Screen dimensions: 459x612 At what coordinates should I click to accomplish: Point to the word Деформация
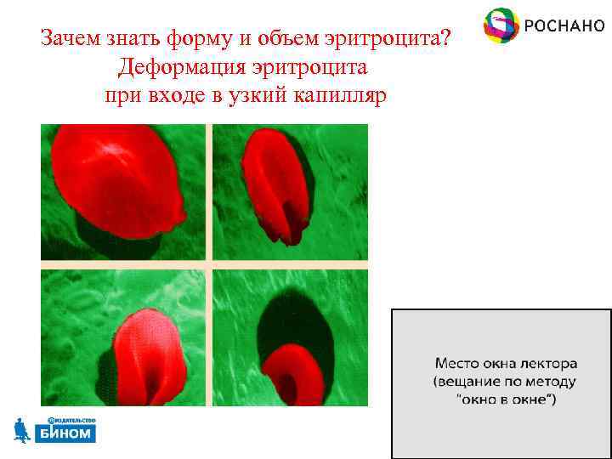(x=173, y=67)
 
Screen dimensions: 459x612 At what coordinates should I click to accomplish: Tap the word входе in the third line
(x=181, y=95)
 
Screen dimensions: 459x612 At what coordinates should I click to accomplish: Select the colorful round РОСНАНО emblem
(x=501, y=26)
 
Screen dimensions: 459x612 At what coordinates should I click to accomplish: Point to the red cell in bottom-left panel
(x=151, y=357)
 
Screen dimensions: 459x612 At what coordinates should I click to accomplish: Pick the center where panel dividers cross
(x=208, y=265)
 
